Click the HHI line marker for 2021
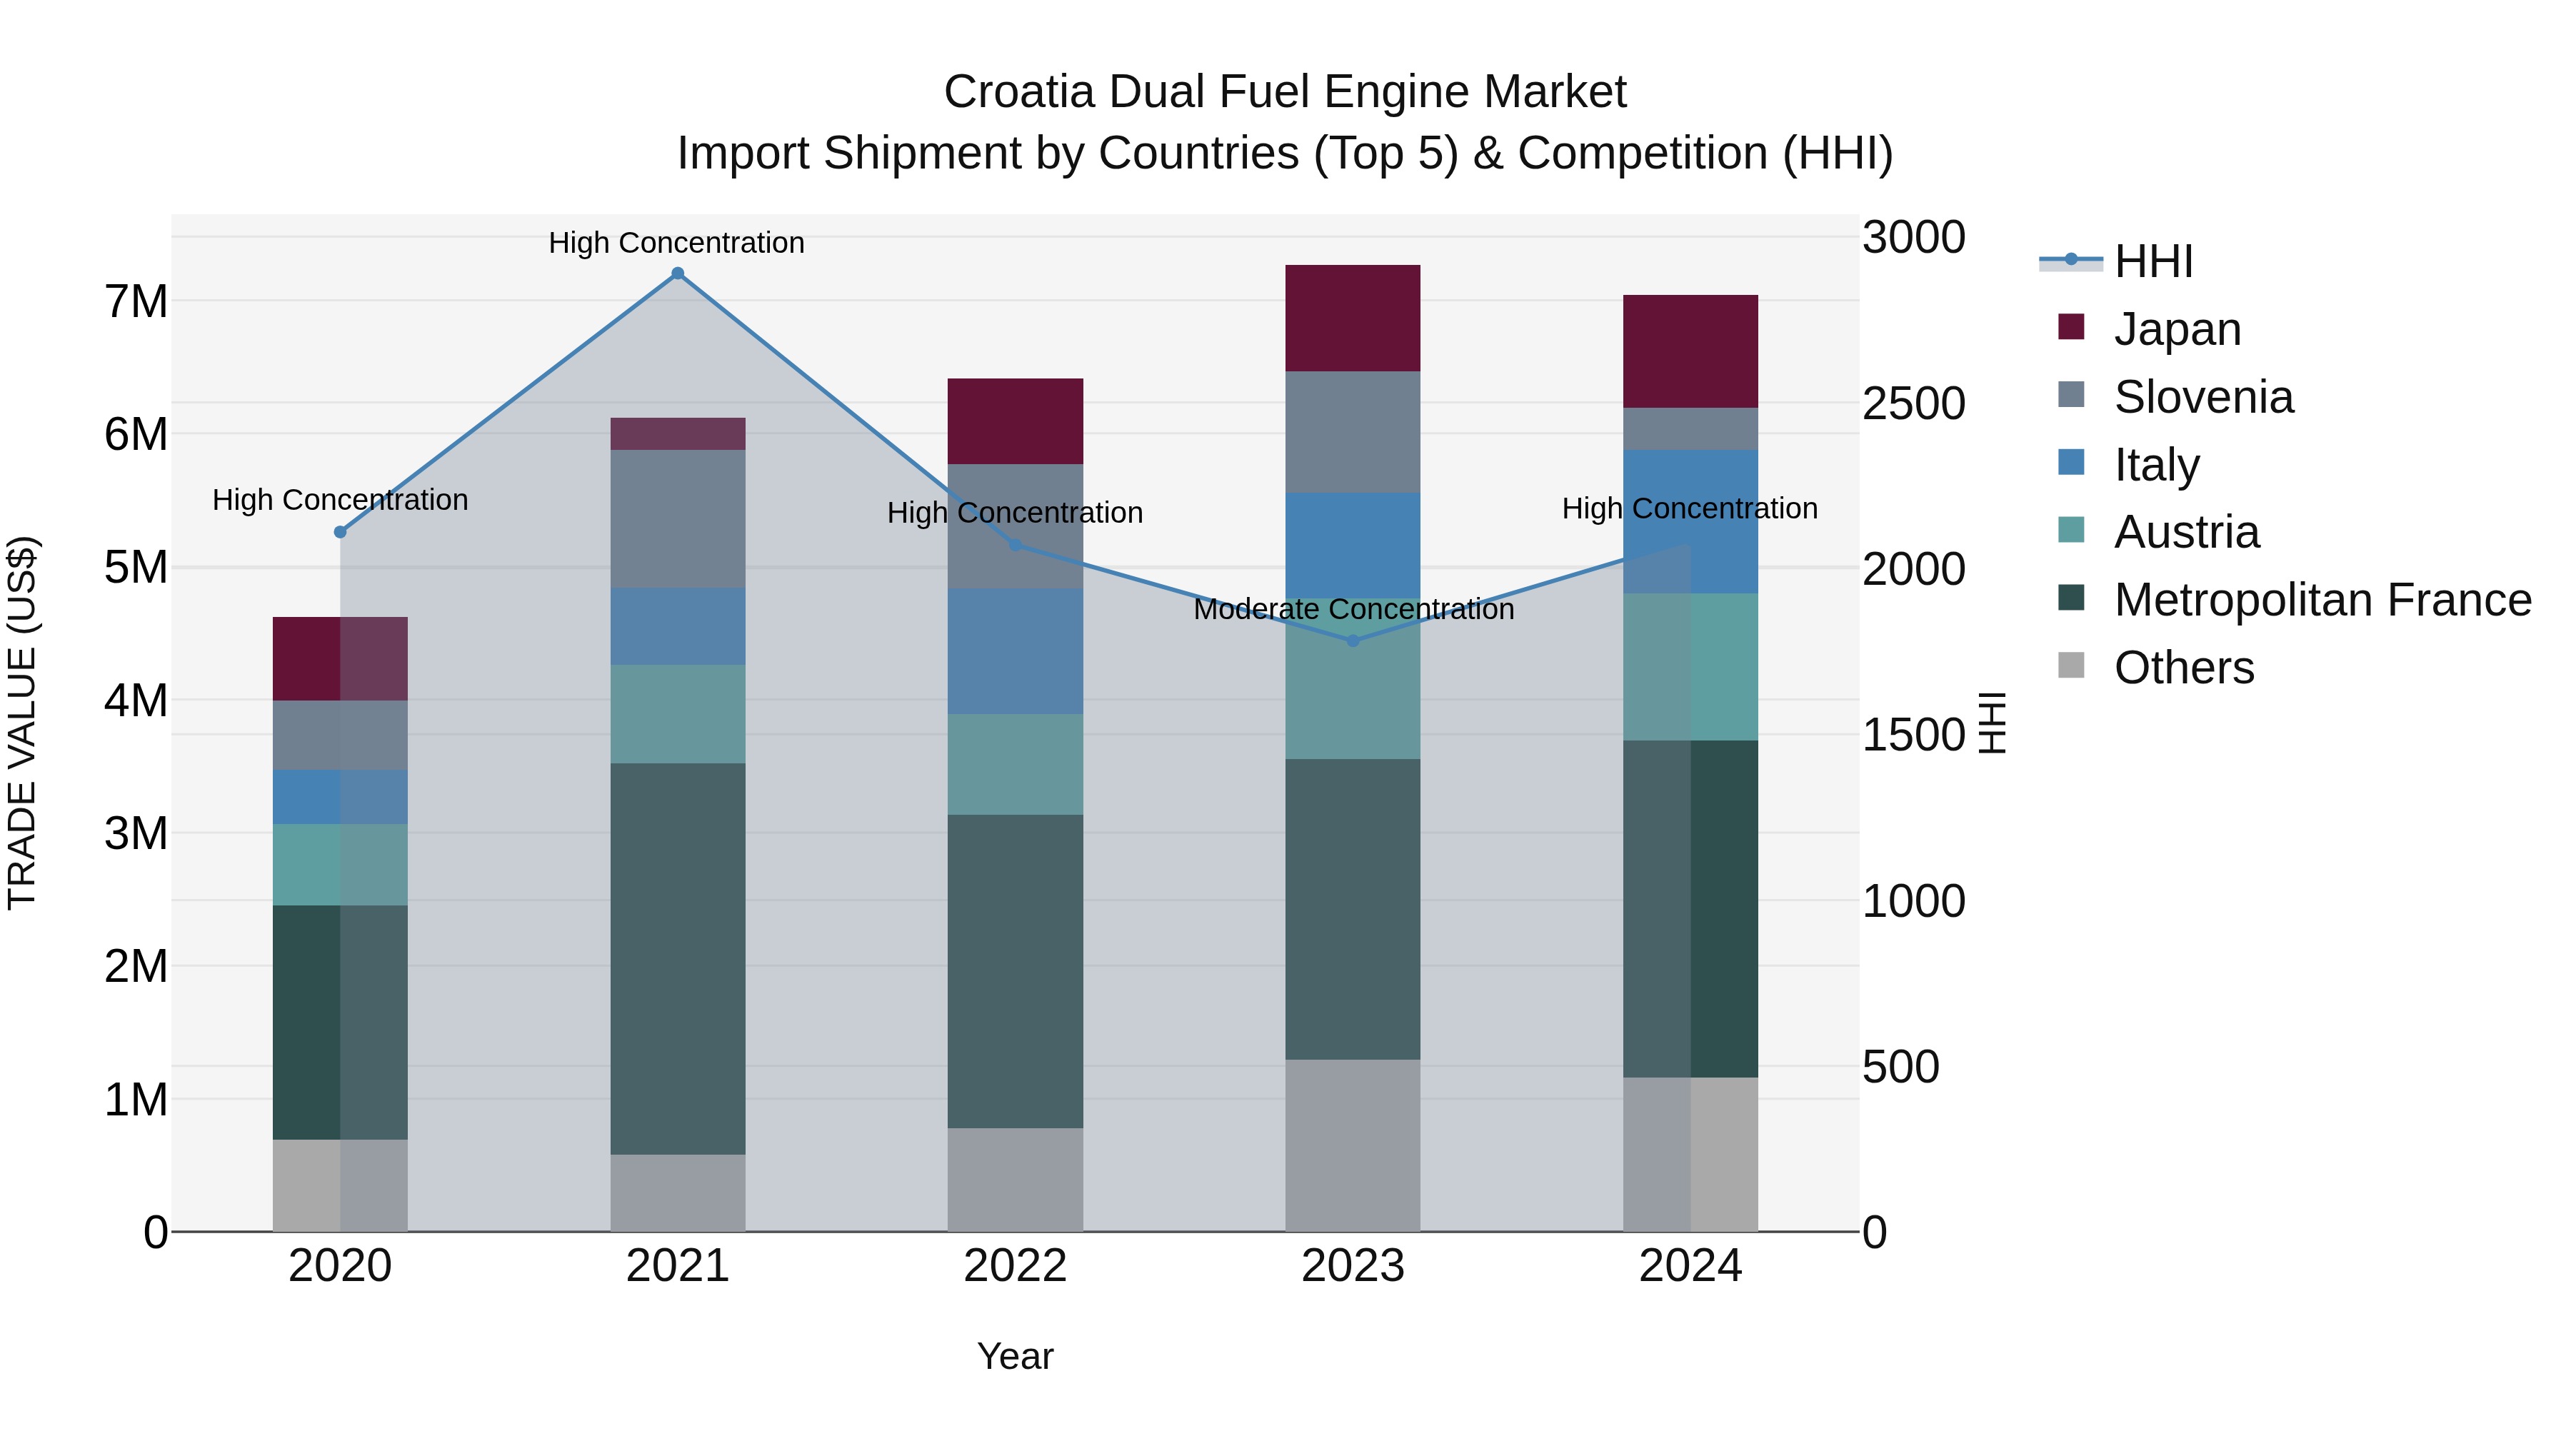(x=678, y=273)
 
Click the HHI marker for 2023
(x=1353, y=641)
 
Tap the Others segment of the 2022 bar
(x=1015, y=1180)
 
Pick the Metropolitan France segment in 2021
(x=678, y=958)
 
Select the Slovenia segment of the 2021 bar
(x=678, y=519)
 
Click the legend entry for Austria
(x=2186, y=532)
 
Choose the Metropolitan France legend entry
(x=2322, y=600)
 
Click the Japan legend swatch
(x=2071, y=327)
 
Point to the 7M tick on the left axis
(x=136, y=301)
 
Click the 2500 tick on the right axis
(x=1913, y=403)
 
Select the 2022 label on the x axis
(x=1015, y=1266)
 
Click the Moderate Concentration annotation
(x=1353, y=608)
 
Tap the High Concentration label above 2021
(x=677, y=243)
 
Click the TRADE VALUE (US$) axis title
(x=22, y=723)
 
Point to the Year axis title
(x=1015, y=1356)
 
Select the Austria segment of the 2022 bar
(x=1015, y=764)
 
